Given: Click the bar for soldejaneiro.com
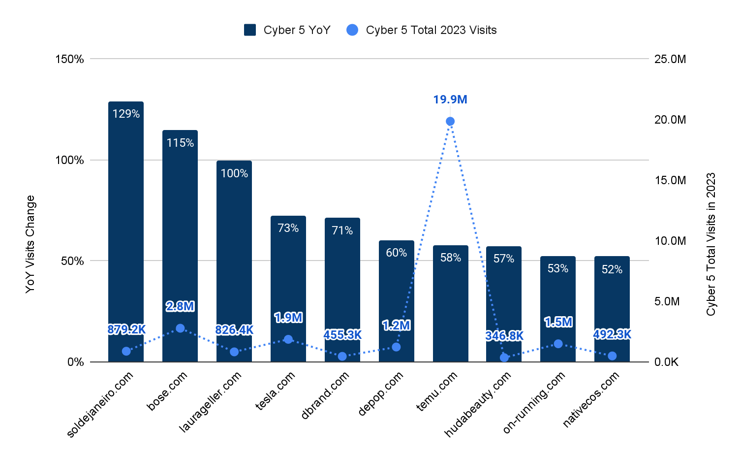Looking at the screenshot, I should pyautogui.click(x=126, y=231).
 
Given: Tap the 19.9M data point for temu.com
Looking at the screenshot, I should pyautogui.click(x=450, y=121).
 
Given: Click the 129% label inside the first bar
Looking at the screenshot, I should pyautogui.click(x=126, y=114).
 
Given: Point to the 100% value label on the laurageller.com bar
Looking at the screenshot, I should pyautogui.click(x=234, y=173).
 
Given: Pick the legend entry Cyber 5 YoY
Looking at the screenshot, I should pyautogui.click(x=287, y=30).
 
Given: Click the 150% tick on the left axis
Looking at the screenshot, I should pyautogui.click(x=69, y=59).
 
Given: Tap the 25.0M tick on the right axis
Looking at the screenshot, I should pyautogui.click(x=670, y=59).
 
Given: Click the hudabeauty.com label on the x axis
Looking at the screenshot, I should pyautogui.click(x=478, y=404).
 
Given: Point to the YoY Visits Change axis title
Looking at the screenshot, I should pyautogui.click(x=30, y=244).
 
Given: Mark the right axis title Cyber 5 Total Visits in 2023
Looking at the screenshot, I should pyautogui.click(x=710, y=244).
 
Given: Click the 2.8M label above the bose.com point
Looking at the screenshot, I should pyautogui.click(x=180, y=306).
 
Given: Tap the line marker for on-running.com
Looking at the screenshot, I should pyautogui.click(x=558, y=344).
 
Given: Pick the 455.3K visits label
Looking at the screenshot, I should pyautogui.click(x=342, y=335).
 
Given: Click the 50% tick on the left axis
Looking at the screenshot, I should pyautogui.click(x=72, y=261).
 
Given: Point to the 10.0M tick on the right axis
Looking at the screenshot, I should pyautogui.click(x=670, y=241).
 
